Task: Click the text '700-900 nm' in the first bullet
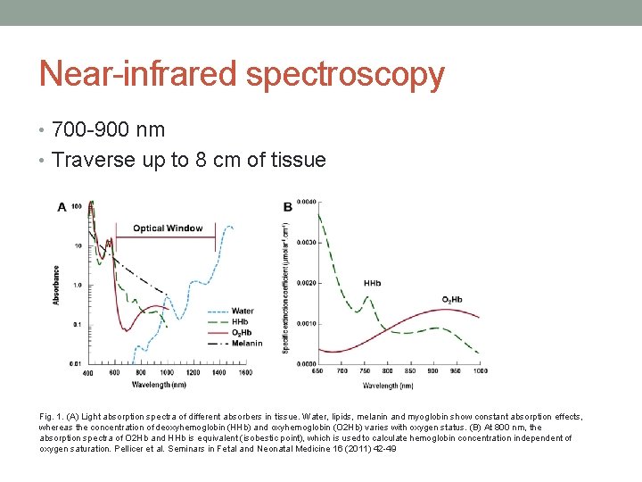tap(108, 129)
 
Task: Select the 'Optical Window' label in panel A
tap(168, 228)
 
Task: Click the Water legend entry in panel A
tap(243, 312)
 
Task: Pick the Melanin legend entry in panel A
tap(246, 343)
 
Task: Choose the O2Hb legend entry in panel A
tap(242, 332)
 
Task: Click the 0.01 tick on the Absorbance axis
tap(76, 363)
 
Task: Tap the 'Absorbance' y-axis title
tap(57, 285)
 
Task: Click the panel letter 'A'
tap(62, 207)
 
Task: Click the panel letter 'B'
tap(287, 207)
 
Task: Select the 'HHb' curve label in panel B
tap(372, 284)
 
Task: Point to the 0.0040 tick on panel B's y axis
tap(306, 202)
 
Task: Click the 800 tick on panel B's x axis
tap(387, 370)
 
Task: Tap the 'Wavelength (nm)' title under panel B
tap(387, 386)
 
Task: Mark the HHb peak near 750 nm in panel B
tap(366, 298)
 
